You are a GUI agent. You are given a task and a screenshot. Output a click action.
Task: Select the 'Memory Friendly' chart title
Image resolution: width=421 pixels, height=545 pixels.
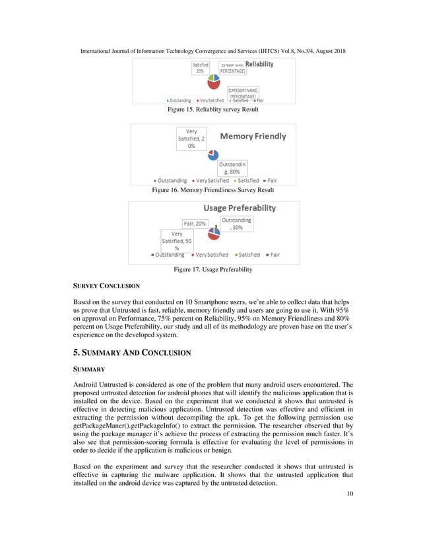(x=253, y=137)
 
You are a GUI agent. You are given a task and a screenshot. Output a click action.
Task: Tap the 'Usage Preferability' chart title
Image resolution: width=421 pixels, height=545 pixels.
(x=239, y=208)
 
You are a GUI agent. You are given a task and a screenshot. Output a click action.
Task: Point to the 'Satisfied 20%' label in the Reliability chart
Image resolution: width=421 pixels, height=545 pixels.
(x=201, y=67)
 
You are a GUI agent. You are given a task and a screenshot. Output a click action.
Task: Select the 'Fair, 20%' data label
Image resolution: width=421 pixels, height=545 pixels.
(x=195, y=223)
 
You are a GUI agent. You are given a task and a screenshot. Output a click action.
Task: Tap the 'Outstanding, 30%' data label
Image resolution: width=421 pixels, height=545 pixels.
(x=236, y=223)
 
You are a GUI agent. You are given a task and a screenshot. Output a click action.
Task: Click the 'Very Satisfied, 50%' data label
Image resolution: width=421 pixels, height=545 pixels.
(x=177, y=241)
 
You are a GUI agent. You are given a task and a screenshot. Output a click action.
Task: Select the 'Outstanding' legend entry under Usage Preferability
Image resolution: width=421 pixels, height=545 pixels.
(x=168, y=255)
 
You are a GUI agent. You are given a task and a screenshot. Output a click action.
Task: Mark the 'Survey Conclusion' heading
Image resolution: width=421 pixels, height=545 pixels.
(x=106, y=286)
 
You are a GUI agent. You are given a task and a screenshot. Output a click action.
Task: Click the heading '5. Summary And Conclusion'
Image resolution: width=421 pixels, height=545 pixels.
(x=131, y=353)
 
